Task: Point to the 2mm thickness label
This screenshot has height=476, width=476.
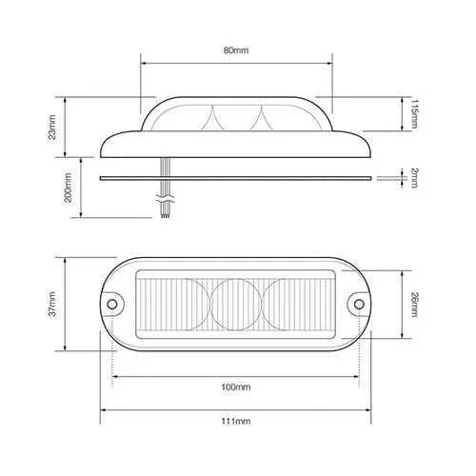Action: point(414,176)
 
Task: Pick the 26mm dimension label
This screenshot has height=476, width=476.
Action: point(414,304)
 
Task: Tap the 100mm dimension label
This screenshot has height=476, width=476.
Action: point(235,387)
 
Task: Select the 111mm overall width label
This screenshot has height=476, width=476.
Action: point(235,421)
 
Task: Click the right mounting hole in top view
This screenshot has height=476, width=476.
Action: point(359,305)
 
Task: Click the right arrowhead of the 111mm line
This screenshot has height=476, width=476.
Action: point(368,410)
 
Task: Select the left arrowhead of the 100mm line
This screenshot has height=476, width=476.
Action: point(115,377)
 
